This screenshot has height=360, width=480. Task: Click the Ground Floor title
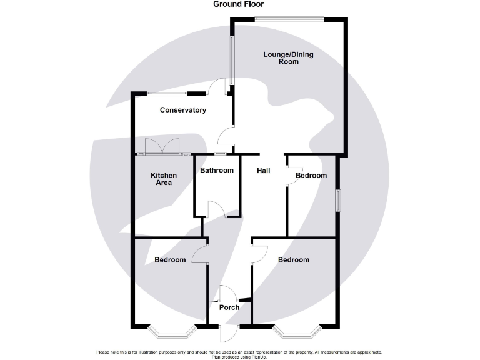coord(239,4)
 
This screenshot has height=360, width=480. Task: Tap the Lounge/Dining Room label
coord(288,58)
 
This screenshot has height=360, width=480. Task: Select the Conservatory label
coord(183,111)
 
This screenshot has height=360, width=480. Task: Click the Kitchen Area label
coord(164,179)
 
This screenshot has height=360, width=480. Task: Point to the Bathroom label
coord(217,171)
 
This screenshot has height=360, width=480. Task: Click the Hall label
coord(263,170)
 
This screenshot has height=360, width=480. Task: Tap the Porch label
coord(229,307)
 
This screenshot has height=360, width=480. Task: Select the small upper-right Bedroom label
coord(311,176)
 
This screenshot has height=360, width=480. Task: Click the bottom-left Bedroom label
coord(170,260)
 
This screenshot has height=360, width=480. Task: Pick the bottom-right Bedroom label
coord(294,260)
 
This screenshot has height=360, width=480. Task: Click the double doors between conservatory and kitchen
coord(161,147)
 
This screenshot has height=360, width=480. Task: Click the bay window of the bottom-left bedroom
coord(171,331)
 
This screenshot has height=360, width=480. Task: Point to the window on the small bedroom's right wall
coord(337,201)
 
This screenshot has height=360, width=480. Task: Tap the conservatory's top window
coord(167,94)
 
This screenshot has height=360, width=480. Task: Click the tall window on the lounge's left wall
coord(231,60)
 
